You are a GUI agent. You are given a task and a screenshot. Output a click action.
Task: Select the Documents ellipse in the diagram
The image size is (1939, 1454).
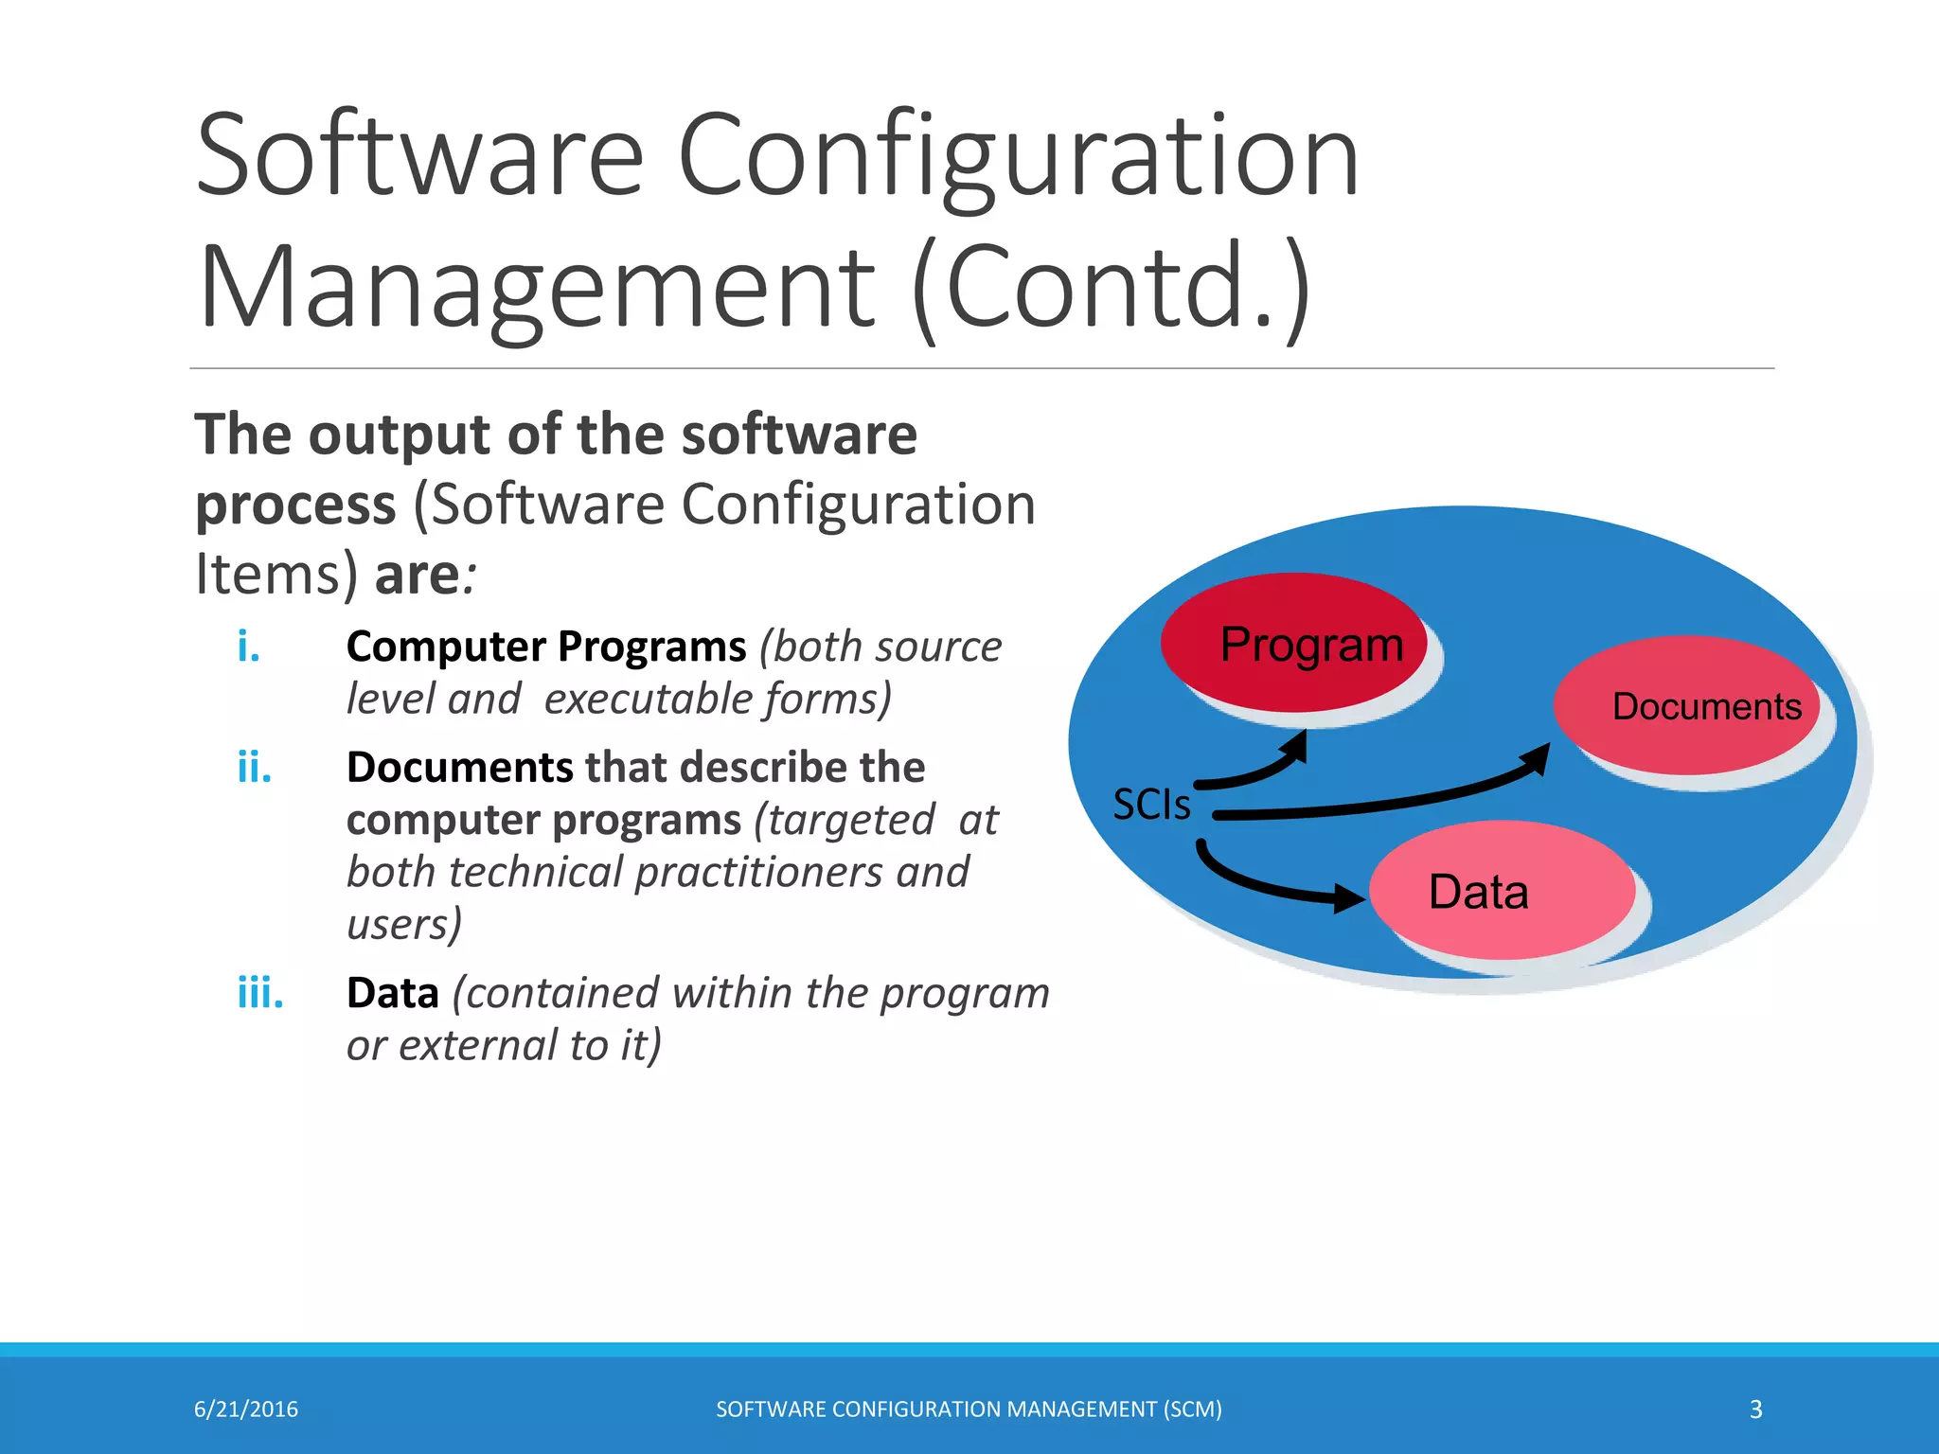[1687, 705]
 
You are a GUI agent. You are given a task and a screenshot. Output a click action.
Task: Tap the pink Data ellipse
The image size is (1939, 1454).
[1502, 890]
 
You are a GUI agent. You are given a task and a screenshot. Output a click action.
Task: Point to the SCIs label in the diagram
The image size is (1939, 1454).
[1151, 805]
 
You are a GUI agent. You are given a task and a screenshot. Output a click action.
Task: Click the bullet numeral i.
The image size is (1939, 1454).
[248, 647]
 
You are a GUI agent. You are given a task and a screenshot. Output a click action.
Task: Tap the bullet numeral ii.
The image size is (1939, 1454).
[254, 767]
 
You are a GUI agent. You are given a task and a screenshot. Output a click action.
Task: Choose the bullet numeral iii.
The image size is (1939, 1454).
[259, 993]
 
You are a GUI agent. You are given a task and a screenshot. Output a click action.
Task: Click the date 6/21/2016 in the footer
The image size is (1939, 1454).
[246, 1410]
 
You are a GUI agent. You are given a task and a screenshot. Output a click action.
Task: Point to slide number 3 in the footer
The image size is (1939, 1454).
[1755, 1410]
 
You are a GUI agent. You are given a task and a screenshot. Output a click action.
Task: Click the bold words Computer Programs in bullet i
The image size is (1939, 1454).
[546, 647]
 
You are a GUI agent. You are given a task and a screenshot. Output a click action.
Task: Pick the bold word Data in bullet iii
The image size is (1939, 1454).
[392, 993]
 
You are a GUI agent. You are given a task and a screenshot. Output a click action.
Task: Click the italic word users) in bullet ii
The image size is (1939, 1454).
[404, 924]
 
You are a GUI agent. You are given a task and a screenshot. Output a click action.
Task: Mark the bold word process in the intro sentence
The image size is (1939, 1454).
[295, 505]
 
